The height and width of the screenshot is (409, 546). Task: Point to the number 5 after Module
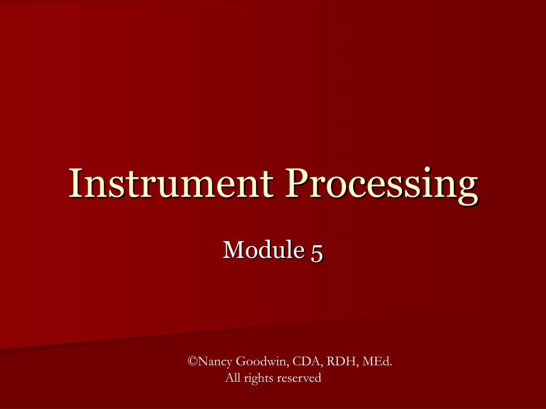coord(317,250)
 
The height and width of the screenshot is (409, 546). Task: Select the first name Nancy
coord(215,363)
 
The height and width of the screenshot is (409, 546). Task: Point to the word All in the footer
coord(232,378)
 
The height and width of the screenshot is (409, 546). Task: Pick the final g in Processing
coord(467,187)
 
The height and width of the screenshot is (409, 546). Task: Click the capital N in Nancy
coord(203,362)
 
